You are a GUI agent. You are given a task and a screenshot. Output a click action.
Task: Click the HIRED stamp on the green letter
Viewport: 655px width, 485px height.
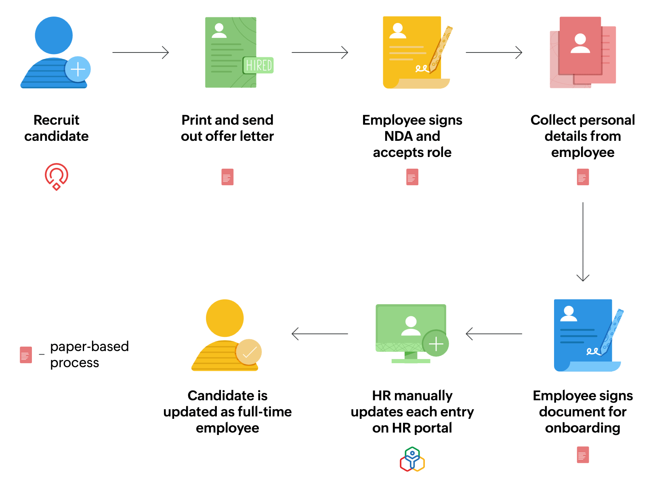pyautogui.click(x=258, y=65)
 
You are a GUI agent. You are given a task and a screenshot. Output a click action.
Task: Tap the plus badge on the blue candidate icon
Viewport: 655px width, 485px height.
pyautogui.click(x=78, y=69)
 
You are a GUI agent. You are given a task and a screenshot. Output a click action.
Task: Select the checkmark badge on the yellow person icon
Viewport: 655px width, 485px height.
pyautogui.click(x=249, y=352)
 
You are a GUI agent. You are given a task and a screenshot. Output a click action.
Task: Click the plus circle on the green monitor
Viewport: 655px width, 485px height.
pyautogui.click(x=436, y=344)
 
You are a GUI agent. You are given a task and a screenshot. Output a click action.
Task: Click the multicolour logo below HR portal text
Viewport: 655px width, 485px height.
pyautogui.click(x=412, y=459)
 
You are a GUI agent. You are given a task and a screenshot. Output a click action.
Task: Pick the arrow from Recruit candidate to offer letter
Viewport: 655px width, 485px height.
pyautogui.click(x=141, y=52)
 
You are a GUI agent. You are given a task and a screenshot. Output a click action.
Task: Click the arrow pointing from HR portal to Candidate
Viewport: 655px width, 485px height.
pyautogui.click(x=320, y=334)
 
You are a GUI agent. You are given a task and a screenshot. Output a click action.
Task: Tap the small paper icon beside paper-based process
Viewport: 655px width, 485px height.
pyautogui.click(x=26, y=355)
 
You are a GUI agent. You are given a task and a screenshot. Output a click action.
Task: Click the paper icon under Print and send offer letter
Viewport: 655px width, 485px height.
pyautogui.click(x=227, y=177)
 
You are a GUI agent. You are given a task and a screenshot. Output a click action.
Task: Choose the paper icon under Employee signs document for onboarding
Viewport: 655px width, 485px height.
pyautogui.click(x=583, y=455)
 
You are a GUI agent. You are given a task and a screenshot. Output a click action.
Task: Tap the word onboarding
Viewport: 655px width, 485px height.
pyautogui.click(x=583, y=428)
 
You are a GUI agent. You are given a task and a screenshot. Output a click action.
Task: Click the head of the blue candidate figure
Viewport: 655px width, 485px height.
pyautogui.click(x=54, y=36)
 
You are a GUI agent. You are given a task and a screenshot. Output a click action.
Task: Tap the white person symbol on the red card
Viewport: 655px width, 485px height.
pyautogui.click(x=580, y=44)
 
